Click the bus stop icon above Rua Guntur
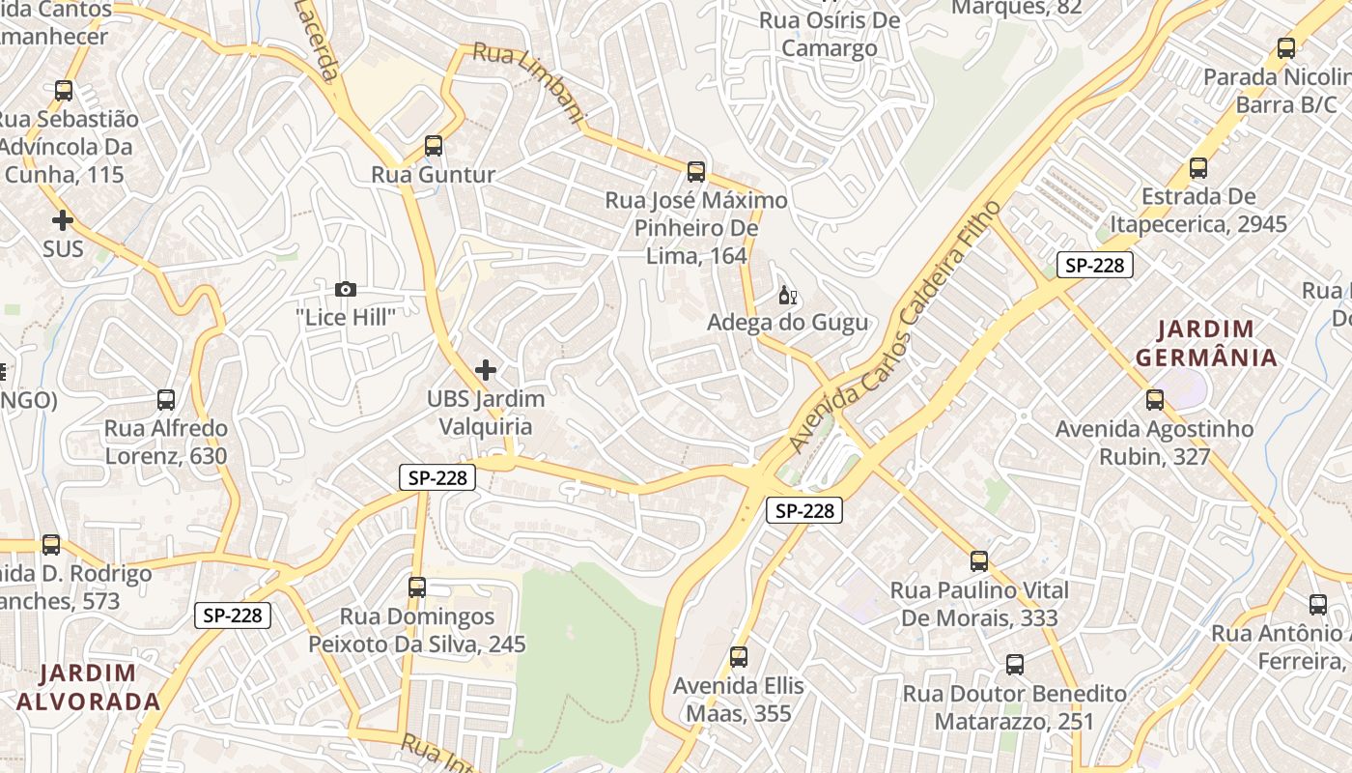pyautogui.click(x=434, y=146)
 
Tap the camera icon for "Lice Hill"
pyautogui.click(x=345, y=289)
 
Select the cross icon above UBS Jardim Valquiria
pyautogui.click(x=486, y=370)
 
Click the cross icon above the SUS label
pyautogui.click(x=63, y=220)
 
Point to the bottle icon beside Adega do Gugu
pyautogui.click(x=787, y=295)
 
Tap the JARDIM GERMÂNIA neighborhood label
pyautogui.click(x=1206, y=343)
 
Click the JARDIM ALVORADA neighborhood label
pyautogui.click(x=88, y=687)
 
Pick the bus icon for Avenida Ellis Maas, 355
pyautogui.click(x=739, y=657)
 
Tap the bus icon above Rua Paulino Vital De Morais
pyautogui.click(x=979, y=561)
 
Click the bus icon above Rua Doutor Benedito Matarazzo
pyautogui.click(x=1014, y=665)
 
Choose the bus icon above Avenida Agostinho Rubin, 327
pyautogui.click(x=1154, y=400)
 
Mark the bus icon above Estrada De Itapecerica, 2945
pyautogui.click(x=1198, y=168)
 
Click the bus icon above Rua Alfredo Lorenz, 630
pyautogui.click(x=166, y=400)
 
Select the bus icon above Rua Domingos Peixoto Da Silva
pyautogui.click(x=417, y=587)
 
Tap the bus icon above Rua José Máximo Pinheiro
pyautogui.click(x=696, y=172)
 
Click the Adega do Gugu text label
pyautogui.click(x=788, y=322)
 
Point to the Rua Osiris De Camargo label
pyautogui.click(x=830, y=34)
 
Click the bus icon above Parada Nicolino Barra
pyautogui.click(x=1286, y=48)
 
